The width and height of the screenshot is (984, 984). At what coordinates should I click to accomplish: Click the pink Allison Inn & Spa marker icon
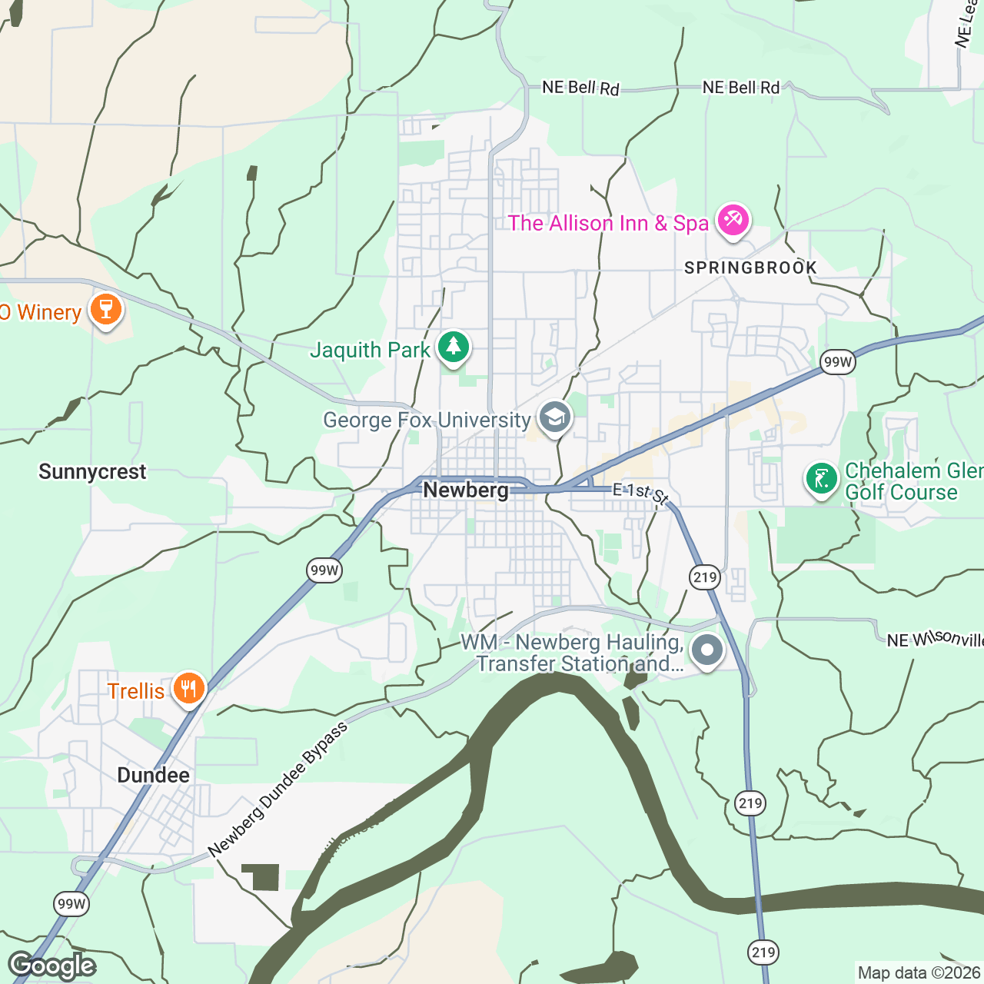[732, 221]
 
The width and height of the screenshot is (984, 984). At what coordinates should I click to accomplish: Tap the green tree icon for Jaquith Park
[454, 347]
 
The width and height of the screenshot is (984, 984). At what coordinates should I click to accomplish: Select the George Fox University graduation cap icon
[554, 418]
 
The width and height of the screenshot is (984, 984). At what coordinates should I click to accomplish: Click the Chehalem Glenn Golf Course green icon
[821, 479]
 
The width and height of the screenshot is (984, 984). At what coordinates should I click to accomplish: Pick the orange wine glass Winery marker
[106, 310]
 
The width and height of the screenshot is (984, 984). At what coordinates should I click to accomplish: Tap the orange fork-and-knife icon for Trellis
[188, 688]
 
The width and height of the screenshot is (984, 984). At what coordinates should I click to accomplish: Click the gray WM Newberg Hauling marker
[707, 650]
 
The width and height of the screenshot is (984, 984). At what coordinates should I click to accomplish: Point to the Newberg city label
[466, 490]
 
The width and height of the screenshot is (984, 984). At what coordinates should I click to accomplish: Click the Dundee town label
[153, 775]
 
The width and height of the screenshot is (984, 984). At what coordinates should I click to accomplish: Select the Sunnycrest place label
[92, 472]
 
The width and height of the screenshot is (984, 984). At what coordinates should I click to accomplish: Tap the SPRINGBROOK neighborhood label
[750, 268]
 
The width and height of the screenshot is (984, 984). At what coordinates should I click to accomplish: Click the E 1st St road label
[640, 494]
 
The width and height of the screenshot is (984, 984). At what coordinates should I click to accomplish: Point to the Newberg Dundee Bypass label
[278, 790]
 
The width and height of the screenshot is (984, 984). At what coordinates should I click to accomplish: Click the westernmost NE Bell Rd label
[580, 88]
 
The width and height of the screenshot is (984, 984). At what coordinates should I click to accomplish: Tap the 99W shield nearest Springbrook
[837, 362]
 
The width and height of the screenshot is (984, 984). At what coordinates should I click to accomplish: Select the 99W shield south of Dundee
[71, 903]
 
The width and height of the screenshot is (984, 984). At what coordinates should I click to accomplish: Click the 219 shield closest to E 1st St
[704, 577]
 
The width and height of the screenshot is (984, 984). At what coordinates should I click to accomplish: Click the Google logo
[52, 966]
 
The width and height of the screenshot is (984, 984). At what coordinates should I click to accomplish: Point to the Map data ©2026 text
[919, 972]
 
